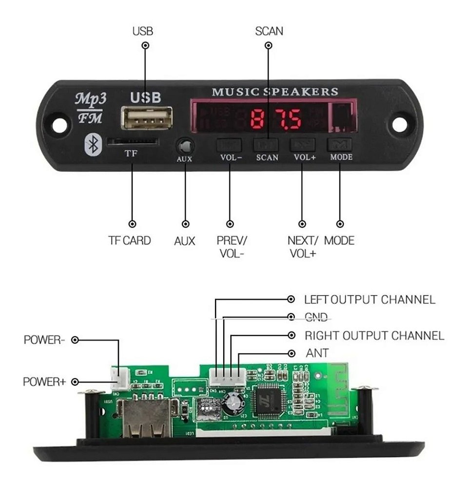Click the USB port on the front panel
coord(146,119)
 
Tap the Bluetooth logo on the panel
coord(93,144)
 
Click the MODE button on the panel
coord(340,144)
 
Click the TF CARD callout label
coord(129,241)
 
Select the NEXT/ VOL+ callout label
coord(303,246)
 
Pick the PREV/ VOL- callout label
coord(232,246)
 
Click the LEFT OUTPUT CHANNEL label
coord(370,299)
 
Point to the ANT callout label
coord(317,353)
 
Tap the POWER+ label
coord(44,382)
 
